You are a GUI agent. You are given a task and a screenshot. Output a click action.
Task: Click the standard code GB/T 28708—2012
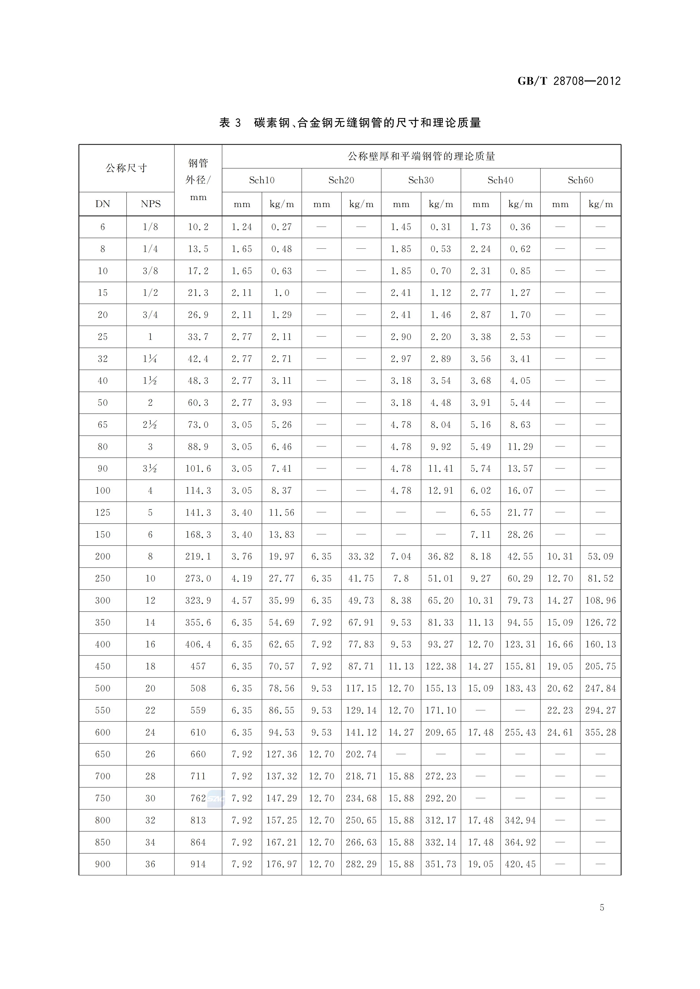[x=569, y=81]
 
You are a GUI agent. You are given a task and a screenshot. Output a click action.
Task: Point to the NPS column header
[x=150, y=204]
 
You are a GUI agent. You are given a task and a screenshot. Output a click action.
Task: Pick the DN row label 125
[x=103, y=513]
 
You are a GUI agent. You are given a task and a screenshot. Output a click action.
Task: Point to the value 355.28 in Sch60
[x=600, y=732]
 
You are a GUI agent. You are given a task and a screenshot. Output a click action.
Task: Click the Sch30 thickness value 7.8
[x=401, y=578]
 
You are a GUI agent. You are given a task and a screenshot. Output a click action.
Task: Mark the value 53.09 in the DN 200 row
[x=600, y=557]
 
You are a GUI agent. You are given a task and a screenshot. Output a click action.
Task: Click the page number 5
[x=602, y=908]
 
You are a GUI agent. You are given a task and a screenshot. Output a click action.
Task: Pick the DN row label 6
[x=103, y=227]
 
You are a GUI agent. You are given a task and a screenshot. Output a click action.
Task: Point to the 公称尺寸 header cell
[x=126, y=168]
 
